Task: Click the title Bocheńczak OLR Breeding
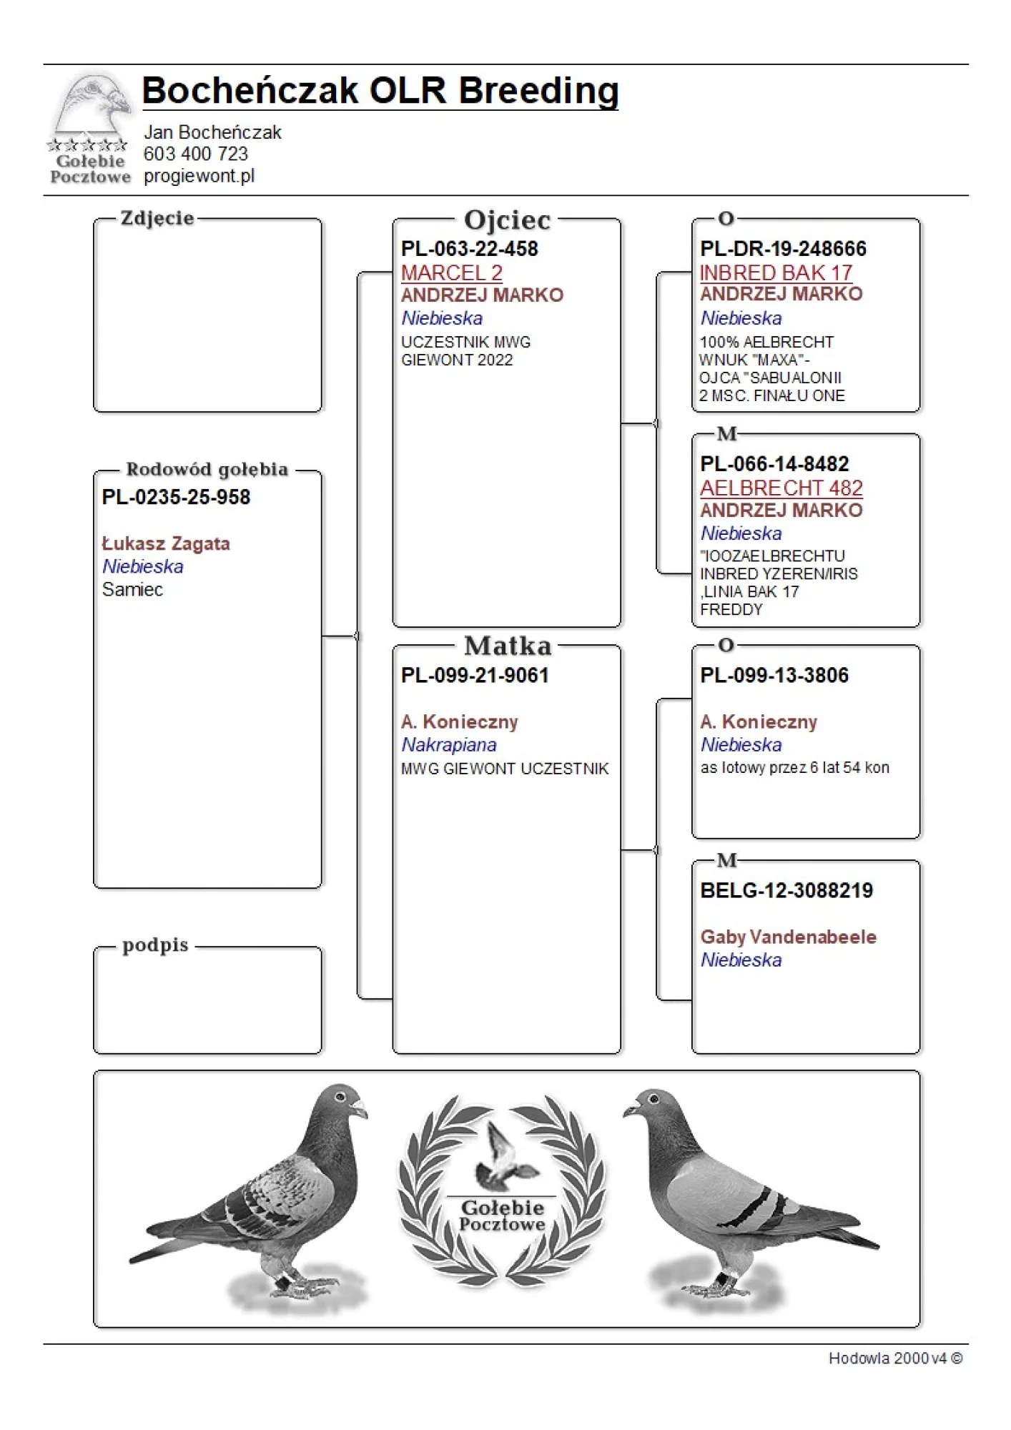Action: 380,91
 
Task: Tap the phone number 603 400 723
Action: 195,154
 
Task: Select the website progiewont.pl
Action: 199,176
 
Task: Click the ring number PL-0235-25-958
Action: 176,498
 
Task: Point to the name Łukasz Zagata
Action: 166,544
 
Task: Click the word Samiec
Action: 132,590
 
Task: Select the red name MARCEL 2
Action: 451,272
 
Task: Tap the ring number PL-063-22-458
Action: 469,249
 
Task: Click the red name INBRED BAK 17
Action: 776,272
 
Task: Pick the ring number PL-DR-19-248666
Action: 783,249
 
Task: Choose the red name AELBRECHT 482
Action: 781,488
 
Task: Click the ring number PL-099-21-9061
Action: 474,676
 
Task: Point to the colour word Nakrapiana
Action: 448,745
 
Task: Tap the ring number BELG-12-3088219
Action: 786,891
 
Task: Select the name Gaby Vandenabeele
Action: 788,937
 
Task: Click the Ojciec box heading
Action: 507,220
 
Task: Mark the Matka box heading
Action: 508,646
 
